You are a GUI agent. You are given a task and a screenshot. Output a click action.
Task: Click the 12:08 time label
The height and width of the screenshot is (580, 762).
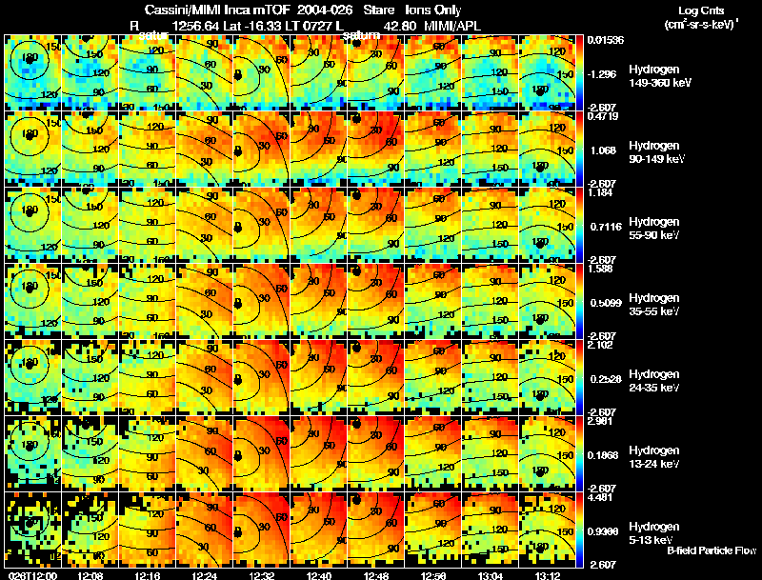coord(90,574)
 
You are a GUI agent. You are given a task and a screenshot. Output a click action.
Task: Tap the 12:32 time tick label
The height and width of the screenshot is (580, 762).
coord(262,574)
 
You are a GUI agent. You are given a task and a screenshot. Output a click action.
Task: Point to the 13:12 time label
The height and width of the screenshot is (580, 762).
coord(548,574)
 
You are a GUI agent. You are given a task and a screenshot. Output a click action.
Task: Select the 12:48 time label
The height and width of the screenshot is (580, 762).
coord(376,574)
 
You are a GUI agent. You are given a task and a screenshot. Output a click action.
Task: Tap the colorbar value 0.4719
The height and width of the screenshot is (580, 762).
coord(602,117)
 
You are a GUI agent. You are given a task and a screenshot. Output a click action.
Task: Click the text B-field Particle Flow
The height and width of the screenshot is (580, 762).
coord(712,550)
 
